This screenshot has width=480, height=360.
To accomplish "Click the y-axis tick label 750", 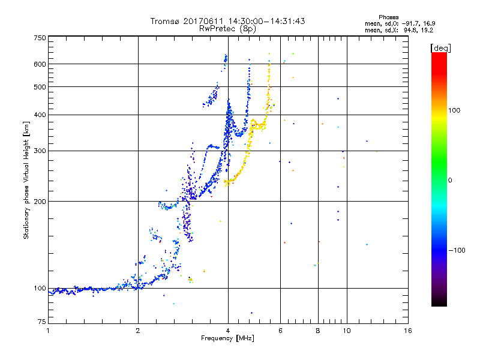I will [40, 37].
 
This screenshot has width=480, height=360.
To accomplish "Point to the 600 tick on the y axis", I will [40, 64].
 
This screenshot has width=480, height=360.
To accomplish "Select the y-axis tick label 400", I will [40, 115].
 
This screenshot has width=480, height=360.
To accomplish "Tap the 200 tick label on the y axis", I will [40, 201].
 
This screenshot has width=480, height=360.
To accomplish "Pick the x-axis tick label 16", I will [408, 331].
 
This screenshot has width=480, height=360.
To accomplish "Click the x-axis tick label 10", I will [346, 331].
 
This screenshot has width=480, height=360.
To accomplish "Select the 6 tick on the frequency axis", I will [281, 331].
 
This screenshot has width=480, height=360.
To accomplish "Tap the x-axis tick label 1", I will [48, 331].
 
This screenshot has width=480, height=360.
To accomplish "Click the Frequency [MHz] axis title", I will [227, 339].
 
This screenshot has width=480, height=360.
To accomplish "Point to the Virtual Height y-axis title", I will [26, 180].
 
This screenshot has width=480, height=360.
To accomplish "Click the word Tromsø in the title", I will [166, 21].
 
